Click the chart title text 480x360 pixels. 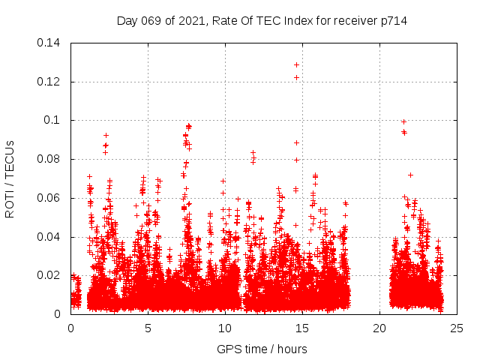[262, 20]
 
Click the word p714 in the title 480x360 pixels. [393, 20]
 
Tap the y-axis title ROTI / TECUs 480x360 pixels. [10, 178]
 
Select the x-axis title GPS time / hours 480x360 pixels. [262, 349]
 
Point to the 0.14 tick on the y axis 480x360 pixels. [49, 42]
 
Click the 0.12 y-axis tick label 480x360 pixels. [49, 81]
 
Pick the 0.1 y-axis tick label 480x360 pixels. [54, 120]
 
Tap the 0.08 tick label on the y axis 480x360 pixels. [49, 159]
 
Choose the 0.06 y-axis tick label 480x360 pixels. [49, 198]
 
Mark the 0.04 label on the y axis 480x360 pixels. [49, 237]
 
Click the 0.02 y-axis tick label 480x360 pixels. [49, 275]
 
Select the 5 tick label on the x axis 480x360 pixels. [148, 328]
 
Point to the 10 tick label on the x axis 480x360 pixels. [225, 328]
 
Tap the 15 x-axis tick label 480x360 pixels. [302, 328]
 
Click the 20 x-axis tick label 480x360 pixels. [379, 328]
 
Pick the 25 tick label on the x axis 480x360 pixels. [457, 328]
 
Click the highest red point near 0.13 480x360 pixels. [296, 64]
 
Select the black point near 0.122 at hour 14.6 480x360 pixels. [296, 77]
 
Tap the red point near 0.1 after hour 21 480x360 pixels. [403, 121]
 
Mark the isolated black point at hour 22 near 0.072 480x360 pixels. [410, 175]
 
